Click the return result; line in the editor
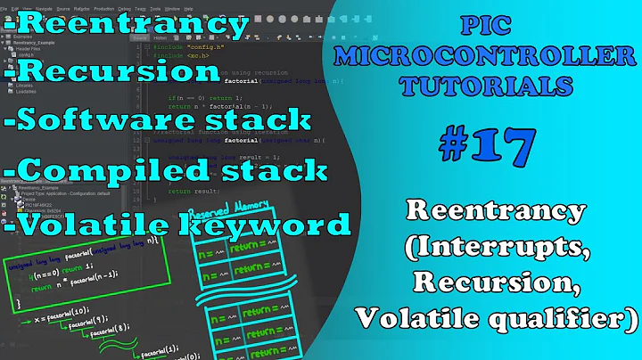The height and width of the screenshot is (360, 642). [x=192, y=189]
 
